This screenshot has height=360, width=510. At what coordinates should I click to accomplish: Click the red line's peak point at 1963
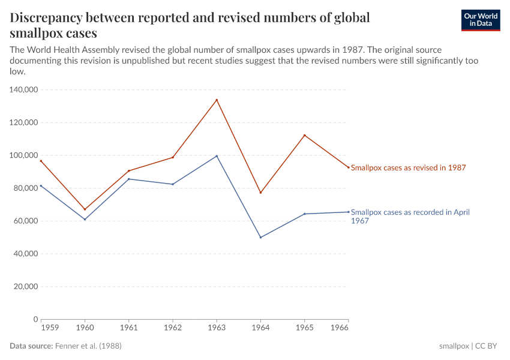point(217,100)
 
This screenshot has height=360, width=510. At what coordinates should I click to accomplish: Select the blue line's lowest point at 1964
point(260,238)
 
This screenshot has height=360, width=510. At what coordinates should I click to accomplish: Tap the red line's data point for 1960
point(85,209)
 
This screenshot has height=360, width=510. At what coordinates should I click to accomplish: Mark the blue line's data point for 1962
point(173,184)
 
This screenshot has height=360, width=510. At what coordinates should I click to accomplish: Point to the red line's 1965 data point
point(304,135)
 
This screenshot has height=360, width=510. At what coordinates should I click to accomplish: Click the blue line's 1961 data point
point(128,179)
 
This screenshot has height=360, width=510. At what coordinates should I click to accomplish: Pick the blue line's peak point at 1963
point(217,156)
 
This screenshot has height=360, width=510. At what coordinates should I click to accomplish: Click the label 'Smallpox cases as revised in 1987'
point(408,168)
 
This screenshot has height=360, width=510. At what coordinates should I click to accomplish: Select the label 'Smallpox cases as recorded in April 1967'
point(410,216)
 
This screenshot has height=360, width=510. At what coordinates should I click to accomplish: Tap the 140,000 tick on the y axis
point(24,89)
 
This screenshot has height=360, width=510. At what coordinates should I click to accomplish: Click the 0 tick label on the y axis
point(36,319)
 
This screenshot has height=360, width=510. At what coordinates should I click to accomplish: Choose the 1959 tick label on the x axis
point(49,329)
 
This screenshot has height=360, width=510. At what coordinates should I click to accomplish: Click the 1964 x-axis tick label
point(260,329)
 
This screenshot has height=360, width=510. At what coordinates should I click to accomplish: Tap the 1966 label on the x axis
point(339,329)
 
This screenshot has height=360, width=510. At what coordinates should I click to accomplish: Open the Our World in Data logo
point(480,20)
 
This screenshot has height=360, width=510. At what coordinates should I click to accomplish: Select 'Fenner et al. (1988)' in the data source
point(92,346)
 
